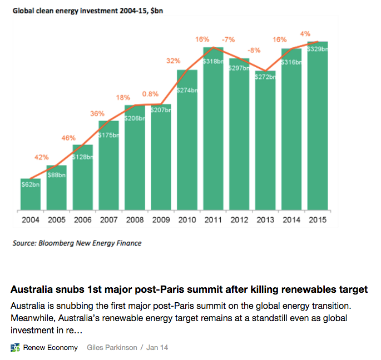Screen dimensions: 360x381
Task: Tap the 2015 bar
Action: coord(317,128)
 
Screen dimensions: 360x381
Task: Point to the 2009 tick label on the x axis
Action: coord(161,220)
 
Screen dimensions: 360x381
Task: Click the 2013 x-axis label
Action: coord(265,220)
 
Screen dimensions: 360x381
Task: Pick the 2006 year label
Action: coord(82,220)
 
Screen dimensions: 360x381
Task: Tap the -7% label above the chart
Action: coord(228,40)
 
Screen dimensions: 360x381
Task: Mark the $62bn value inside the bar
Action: coord(30,184)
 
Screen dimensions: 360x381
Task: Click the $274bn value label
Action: coord(187,90)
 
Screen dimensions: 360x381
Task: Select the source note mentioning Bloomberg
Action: coord(77,243)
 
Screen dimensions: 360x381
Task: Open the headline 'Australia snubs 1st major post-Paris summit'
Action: coord(189,289)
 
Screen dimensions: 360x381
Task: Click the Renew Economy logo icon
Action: coord(15,348)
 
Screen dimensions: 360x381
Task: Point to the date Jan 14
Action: coord(157,348)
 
